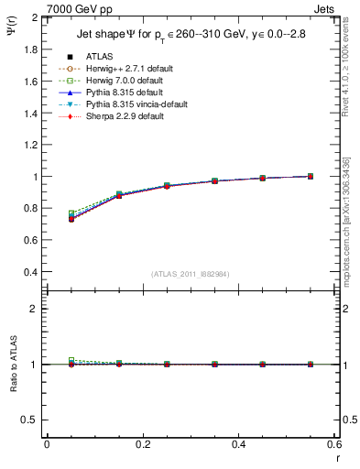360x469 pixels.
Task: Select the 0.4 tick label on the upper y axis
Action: (30, 272)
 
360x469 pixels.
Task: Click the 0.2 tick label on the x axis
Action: (142, 443)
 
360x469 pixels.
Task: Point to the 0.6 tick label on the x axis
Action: (333, 443)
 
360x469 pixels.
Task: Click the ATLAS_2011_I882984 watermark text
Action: (191, 274)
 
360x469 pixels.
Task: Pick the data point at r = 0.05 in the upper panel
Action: (71, 219)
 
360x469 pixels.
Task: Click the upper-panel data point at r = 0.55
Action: (310, 176)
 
